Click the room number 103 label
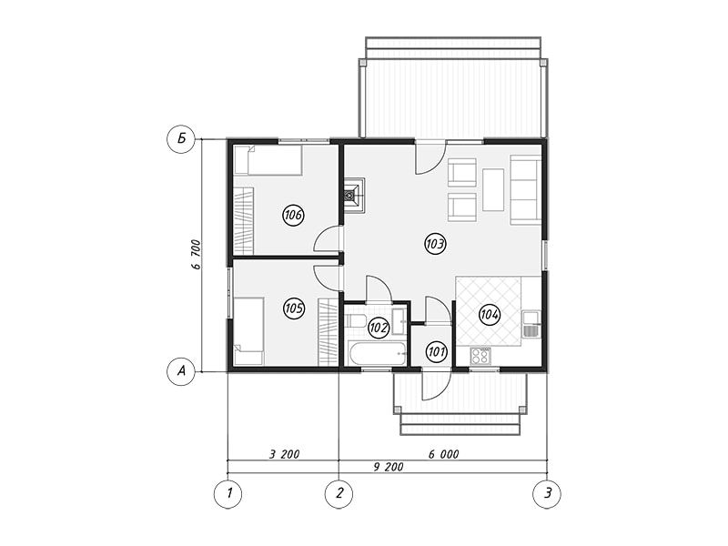[x=435, y=243]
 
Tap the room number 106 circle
[x=293, y=215]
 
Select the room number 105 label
[x=294, y=308]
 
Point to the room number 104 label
[x=490, y=315]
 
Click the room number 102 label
[x=379, y=329]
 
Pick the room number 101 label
[x=437, y=351]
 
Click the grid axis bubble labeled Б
[x=181, y=138]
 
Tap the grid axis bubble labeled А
[x=181, y=371]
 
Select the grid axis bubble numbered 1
[x=228, y=493]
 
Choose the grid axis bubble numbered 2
[x=339, y=493]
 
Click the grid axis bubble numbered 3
[x=547, y=493]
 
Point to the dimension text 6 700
[x=196, y=255]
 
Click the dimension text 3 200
[x=284, y=454]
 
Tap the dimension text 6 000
[x=443, y=454]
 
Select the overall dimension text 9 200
[x=389, y=467]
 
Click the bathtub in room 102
[x=377, y=354]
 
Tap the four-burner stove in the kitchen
[x=480, y=356]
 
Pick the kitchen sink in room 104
[x=530, y=324]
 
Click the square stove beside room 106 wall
[x=354, y=195]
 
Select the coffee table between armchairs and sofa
[x=493, y=190]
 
